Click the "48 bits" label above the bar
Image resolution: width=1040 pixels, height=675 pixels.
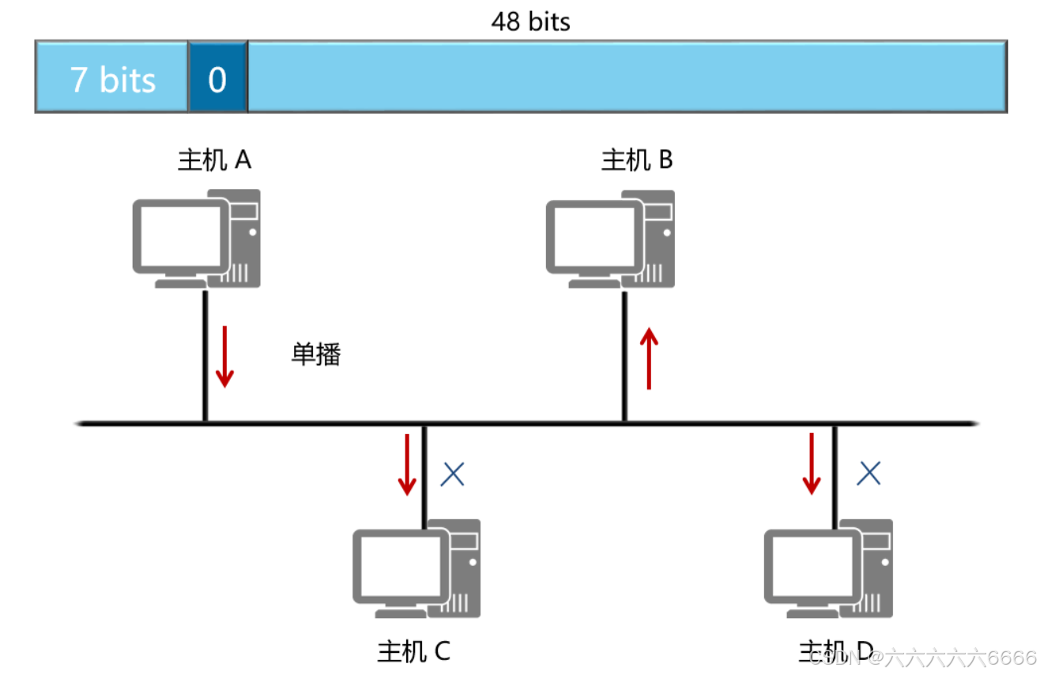click(530, 21)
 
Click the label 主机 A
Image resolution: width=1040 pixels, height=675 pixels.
click(214, 160)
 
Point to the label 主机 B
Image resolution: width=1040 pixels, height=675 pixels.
click(637, 160)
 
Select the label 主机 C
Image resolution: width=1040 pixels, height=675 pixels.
click(413, 651)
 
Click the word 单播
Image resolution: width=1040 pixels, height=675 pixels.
click(316, 354)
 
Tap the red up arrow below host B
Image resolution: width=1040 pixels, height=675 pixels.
click(649, 359)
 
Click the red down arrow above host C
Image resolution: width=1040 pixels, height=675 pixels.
click(407, 465)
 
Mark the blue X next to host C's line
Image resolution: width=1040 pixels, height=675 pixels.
click(452, 473)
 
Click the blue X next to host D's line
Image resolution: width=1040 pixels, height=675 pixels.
click(869, 473)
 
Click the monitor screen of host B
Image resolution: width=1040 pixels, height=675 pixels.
click(592, 236)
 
